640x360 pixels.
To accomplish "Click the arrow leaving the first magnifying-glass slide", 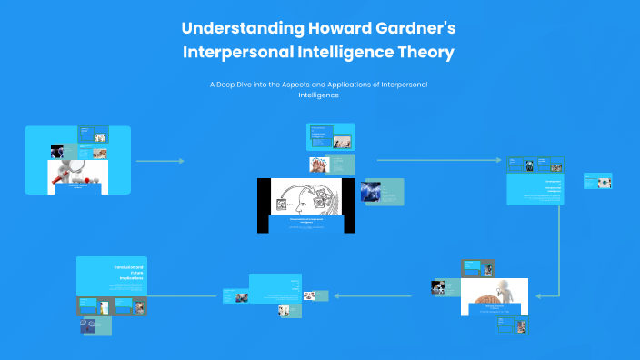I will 159,161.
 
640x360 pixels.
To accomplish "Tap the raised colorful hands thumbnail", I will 319,165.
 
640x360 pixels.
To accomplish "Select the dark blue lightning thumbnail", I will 371,190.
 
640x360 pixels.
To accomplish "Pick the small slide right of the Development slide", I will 598,181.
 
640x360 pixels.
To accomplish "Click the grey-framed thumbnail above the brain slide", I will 477,268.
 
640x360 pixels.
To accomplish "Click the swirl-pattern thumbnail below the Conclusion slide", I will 90,325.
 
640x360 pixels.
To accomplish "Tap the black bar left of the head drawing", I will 264,204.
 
